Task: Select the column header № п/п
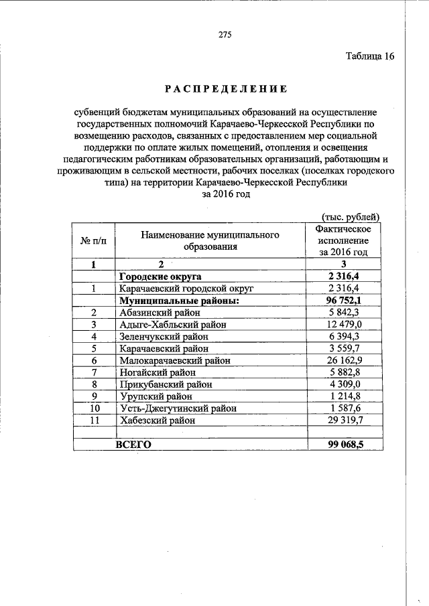tap(94, 240)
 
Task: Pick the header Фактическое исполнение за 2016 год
tap(343, 240)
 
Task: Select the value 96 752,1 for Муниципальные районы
tap(344, 300)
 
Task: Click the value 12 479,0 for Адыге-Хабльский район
tap(344, 324)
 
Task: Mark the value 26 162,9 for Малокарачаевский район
tap(344, 360)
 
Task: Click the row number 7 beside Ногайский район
tap(95, 372)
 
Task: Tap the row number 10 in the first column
tap(95, 408)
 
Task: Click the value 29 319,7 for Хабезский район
tap(344, 421)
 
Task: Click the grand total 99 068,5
tap(344, 445)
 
